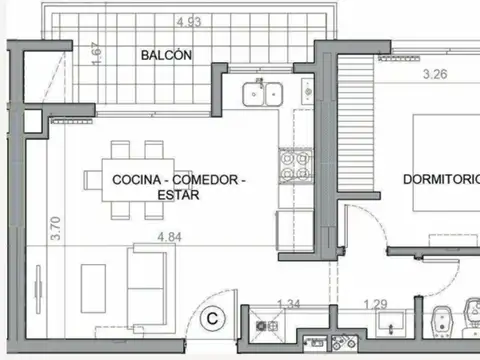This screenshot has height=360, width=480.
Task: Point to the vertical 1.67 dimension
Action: tap(96, 53)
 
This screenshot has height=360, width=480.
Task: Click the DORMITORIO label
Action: tap(440, 180)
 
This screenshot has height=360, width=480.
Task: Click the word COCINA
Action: tap(136, 180)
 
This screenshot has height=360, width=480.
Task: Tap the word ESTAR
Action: tap(179, 195)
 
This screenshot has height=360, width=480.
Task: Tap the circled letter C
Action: tap(213, 319)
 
